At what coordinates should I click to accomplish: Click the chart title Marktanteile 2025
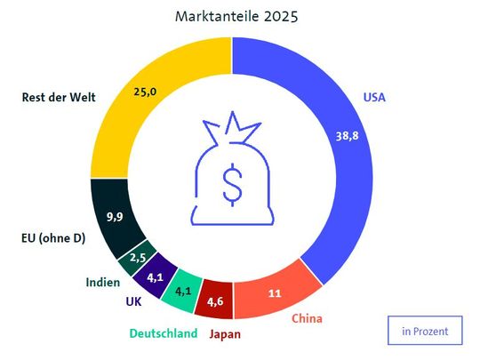click(x=230, y=16)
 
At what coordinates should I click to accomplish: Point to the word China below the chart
click(x=306, y=318)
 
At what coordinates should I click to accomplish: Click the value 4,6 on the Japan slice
click(x=216, y=300)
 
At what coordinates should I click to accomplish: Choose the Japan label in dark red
click(x=223, y=335)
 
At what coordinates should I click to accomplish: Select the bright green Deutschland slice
click(x=184, y=290)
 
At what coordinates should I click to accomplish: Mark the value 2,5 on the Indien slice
click(x=137, y=258)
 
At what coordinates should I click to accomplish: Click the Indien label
click(x=103, y=283)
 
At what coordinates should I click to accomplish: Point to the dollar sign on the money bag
click(x=231, y=184)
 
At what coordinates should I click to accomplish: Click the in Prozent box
click(x=424, y=331)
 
